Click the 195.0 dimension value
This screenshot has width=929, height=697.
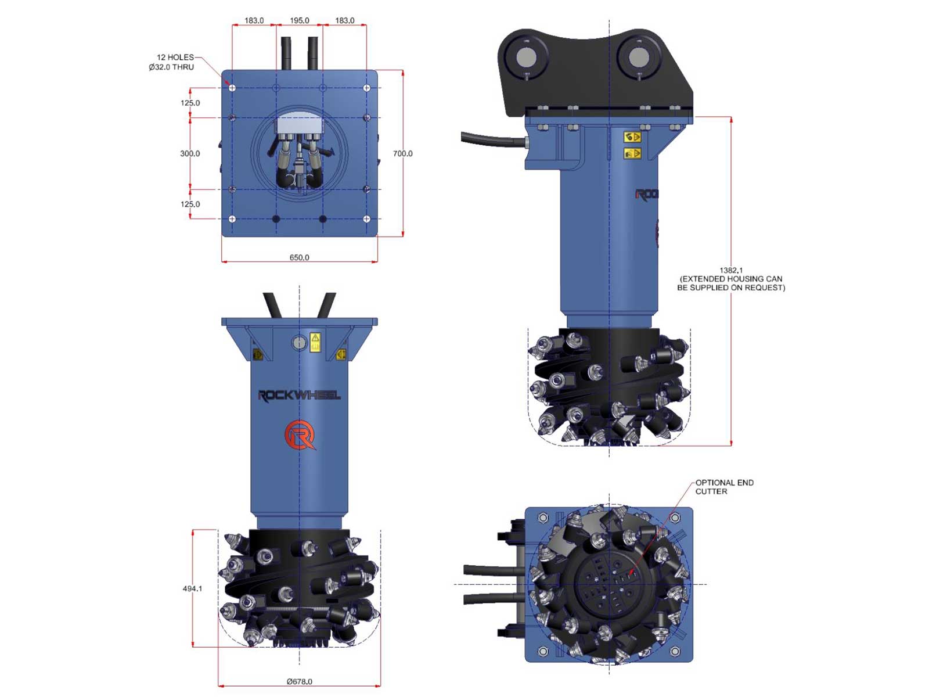point(299,20)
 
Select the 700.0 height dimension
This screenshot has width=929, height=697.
point(402,153)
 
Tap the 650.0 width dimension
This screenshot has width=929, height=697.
point(299,257)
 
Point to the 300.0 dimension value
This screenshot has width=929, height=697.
point(190,153)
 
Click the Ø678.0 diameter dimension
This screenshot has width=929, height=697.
point(299,681)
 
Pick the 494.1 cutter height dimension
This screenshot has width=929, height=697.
point(193,588)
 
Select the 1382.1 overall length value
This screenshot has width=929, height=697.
point(731,270)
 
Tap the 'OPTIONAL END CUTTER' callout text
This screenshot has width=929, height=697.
point(724,487)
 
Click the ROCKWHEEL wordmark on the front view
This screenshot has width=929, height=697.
point(299,396)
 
